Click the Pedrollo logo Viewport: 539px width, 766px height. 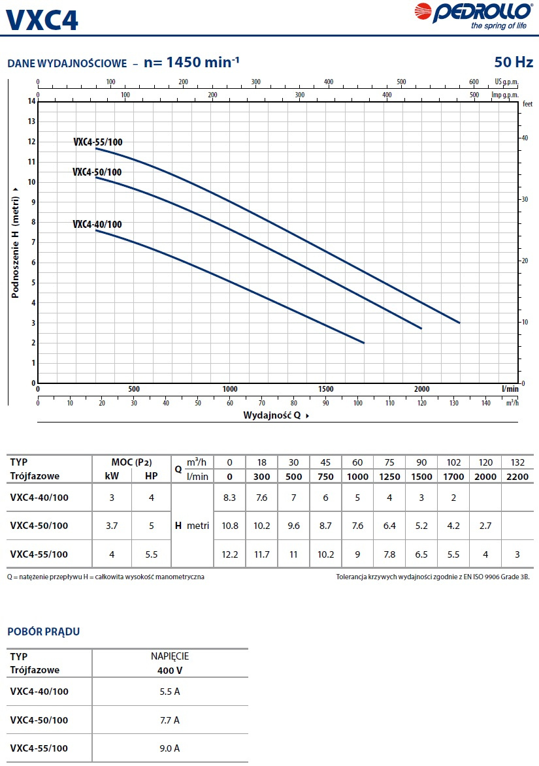click(x=483, y=15)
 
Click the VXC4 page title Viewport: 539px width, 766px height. click(x=42, y=19)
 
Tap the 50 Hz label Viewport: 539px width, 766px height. click(x=514, y=63)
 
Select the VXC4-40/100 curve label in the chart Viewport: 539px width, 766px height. click(x=97, y=224)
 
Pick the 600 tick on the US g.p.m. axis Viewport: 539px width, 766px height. click(x=474, y=82)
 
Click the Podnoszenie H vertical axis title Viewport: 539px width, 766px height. click(x=14, y=242)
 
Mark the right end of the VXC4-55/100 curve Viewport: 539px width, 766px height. click(x=459, y=323)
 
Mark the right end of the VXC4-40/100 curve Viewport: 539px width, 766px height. click(x=363, y=343)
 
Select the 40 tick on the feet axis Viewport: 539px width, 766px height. click(x=524, y=138)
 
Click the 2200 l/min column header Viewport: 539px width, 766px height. click(x=517, y=476)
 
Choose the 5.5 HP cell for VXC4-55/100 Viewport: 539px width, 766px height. click(x=151, y=554)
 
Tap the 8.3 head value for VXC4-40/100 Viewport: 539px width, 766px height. click(x=229, y=498)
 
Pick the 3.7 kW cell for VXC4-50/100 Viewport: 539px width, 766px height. click(x=112, y=526)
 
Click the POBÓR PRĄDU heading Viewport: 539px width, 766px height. click(x=43, y=631)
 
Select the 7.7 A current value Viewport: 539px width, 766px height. click(x=169, y=720)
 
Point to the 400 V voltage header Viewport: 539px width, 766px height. click(x=169, y=670)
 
